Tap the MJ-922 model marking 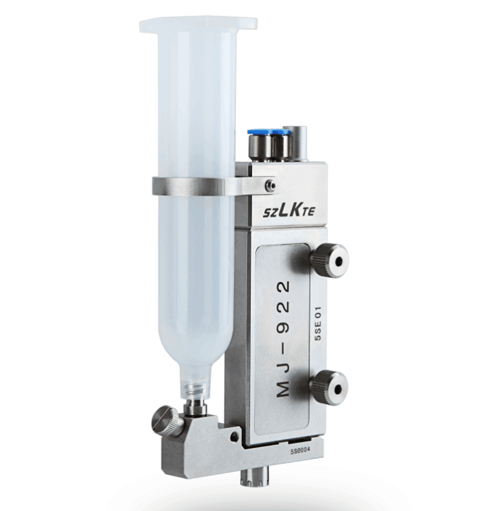[283, 339]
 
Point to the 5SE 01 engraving [318, 324]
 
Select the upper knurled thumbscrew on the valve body [330, 261]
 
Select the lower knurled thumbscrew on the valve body [329, 388]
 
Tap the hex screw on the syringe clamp [271, 185]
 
